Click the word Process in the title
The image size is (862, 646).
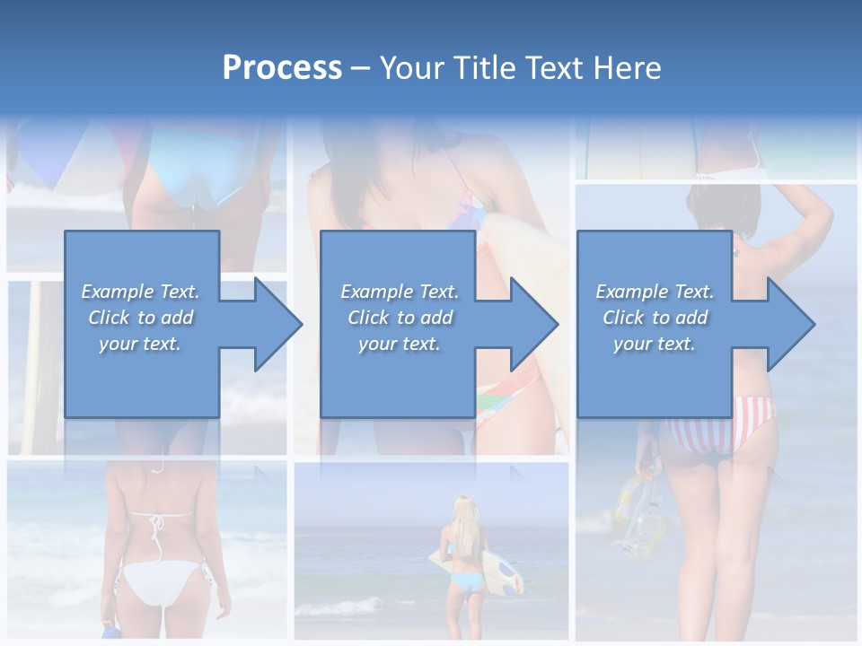click(282, 67)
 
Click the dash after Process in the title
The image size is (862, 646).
click(361, 68)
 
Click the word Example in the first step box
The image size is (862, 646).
click(118, 292)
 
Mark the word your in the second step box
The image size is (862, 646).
click(377, 344)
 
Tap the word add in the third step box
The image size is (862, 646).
click(692, 318)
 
